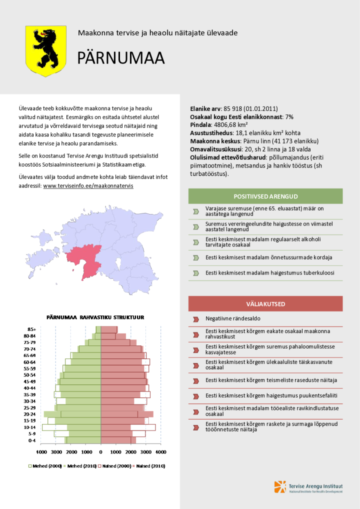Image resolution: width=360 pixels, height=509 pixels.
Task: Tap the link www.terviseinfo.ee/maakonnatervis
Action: tap(88, 185)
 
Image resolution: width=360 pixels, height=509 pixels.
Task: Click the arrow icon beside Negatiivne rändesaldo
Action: tap(196, 318)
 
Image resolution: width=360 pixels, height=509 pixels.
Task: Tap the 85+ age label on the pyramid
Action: tap(31, 329)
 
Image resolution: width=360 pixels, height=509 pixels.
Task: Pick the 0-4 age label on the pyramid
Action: tap(31, 440)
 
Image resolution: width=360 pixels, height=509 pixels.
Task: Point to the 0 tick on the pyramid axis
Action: tap(100, 452)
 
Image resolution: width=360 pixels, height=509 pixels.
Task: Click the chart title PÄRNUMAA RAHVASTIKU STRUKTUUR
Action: tap(95, 317)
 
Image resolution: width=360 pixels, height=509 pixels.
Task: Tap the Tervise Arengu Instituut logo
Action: tap(308, 487)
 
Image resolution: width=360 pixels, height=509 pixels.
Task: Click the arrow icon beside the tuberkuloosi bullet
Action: tap(196, 273)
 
